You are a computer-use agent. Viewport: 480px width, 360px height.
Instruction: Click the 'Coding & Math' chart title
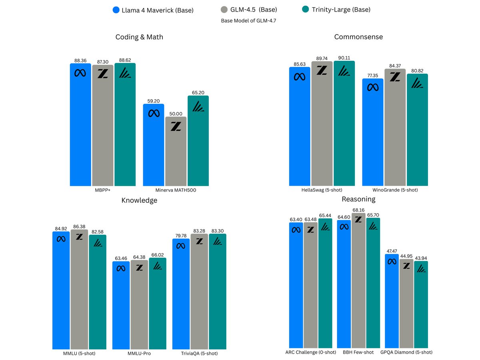pyautogui.click(x=139, y=37)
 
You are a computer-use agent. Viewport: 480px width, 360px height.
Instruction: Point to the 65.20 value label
pyautogui.click(x=198, y=92)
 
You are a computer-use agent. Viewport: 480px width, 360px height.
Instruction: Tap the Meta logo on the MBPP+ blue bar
pyautogui.click(x=81, y=73)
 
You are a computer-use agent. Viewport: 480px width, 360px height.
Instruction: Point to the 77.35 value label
pyautogui.click(x=373, y=75)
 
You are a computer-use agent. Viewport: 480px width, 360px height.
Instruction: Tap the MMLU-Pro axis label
pyautogui.click(x=139, y=354)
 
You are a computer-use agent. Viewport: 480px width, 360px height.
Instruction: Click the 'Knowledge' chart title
pyautogui.click(x=139, y=200)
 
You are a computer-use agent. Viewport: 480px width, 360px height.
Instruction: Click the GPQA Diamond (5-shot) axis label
pyautogui.click(x=409, y=352)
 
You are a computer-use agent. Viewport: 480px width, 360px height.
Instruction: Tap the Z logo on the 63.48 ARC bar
pyautogui.click(x=311, y=229)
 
